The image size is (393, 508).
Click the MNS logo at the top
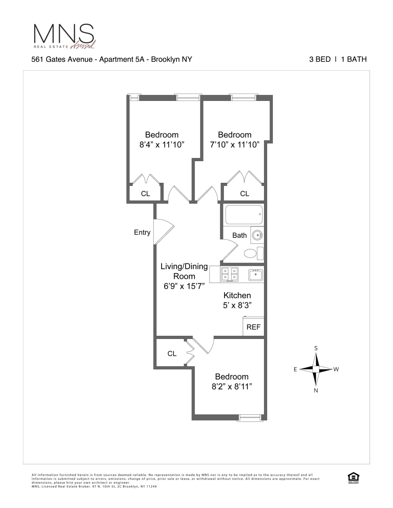[x=64, y=36]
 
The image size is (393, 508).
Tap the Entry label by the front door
[x=142, y=232]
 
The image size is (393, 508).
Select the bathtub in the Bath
[x=244, y=215]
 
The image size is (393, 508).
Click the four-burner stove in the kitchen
[x=230, y=275]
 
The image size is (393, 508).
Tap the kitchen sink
[x=255, y=275]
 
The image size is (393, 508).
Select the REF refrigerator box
[x=253, y=327]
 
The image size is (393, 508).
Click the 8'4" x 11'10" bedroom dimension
[x=162, y=145]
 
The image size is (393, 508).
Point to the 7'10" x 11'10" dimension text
[x=235, y=145]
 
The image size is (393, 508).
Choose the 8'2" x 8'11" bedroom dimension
[x=232, y=386]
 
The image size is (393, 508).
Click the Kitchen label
[x=237, y=295]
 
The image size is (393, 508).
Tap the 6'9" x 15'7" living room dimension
[x=184, y=286]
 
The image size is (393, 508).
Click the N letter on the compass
[x=316, y=391]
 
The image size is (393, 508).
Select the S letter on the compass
[x=316, y=348]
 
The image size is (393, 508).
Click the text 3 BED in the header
[x=320, y=59]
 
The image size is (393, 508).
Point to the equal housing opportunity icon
[x=353, y=478]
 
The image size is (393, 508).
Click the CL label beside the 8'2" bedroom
[x=172, y=353]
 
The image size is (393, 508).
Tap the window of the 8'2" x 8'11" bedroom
[x=250, y=418]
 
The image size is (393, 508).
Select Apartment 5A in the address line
[x=123, y=59]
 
